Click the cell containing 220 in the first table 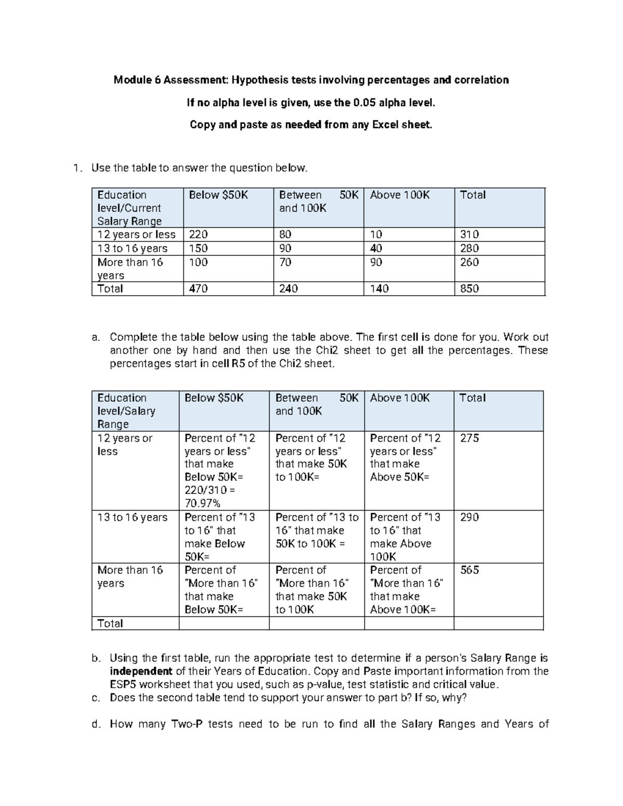(198, 235)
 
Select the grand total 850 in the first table (469, 289)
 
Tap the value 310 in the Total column (469, 235)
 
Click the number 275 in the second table (469, 438)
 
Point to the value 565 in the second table (469, 570)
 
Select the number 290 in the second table (469, 517)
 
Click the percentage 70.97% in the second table (202, 503)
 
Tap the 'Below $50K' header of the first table (219, 195)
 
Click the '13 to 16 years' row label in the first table (132, 248)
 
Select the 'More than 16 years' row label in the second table (130, 577)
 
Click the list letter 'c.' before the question (96, 698)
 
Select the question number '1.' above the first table (77, 168)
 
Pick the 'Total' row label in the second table (110, 623)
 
